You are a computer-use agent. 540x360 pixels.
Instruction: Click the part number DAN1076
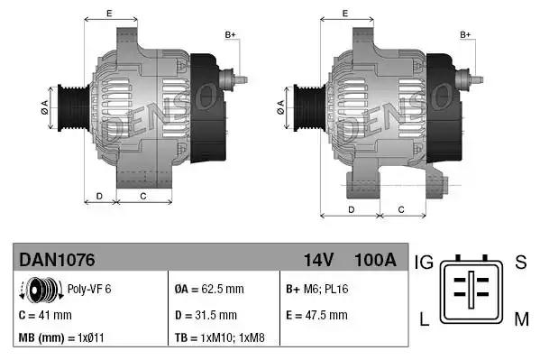(57, 260)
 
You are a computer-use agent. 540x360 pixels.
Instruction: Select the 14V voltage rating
(318, 260)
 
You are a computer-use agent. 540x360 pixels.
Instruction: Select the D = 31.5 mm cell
(205, 315)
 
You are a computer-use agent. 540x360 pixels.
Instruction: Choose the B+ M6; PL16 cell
(316, 291)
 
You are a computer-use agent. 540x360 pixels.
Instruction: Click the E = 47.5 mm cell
(316, 315)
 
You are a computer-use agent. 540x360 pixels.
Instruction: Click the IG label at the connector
(425, 263)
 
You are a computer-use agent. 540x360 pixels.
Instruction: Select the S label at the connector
(520, 263)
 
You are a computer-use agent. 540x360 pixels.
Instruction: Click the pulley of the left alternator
(69, 108)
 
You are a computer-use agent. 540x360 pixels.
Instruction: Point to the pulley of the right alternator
(304, 107)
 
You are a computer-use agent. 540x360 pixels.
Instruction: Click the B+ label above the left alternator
(230, 35)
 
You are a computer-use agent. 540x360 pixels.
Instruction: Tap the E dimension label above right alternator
(346, 13)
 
